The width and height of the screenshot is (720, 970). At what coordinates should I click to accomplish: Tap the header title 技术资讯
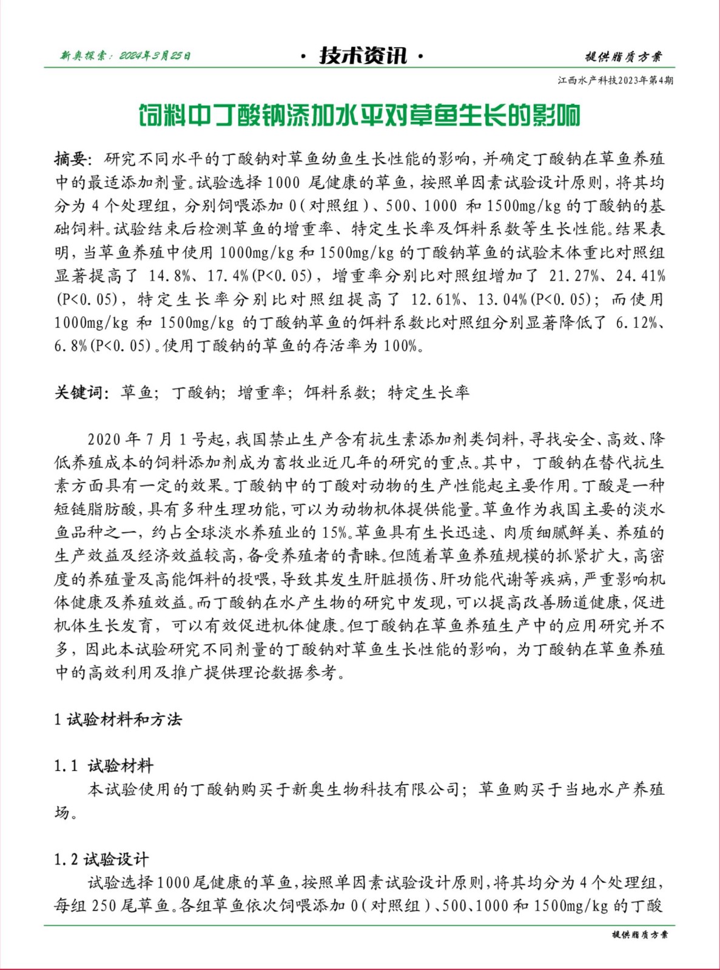point(363,56)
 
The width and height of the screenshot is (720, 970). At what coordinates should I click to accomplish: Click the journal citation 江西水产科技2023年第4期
point(615,81)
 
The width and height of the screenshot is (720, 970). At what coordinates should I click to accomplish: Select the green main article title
point(359,115)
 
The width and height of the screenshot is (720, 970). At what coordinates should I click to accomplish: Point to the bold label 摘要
point(72,159)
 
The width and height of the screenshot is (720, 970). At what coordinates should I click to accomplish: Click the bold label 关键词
point(81,393)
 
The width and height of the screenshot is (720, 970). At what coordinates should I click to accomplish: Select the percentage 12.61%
point(435,299)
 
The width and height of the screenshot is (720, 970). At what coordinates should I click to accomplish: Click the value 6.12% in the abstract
point(636,323)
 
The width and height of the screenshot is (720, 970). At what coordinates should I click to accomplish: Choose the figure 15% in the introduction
point(335,533)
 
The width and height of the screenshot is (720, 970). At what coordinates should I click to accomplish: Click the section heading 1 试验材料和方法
point(118,720)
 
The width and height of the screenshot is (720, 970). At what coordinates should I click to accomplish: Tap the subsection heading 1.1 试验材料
point(103,766)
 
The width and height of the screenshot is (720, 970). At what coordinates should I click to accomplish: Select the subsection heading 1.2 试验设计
point(101,859)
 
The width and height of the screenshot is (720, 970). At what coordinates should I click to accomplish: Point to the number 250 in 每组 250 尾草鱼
point(104,906)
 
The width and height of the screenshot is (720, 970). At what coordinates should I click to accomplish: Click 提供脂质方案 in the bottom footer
point(640,935)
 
